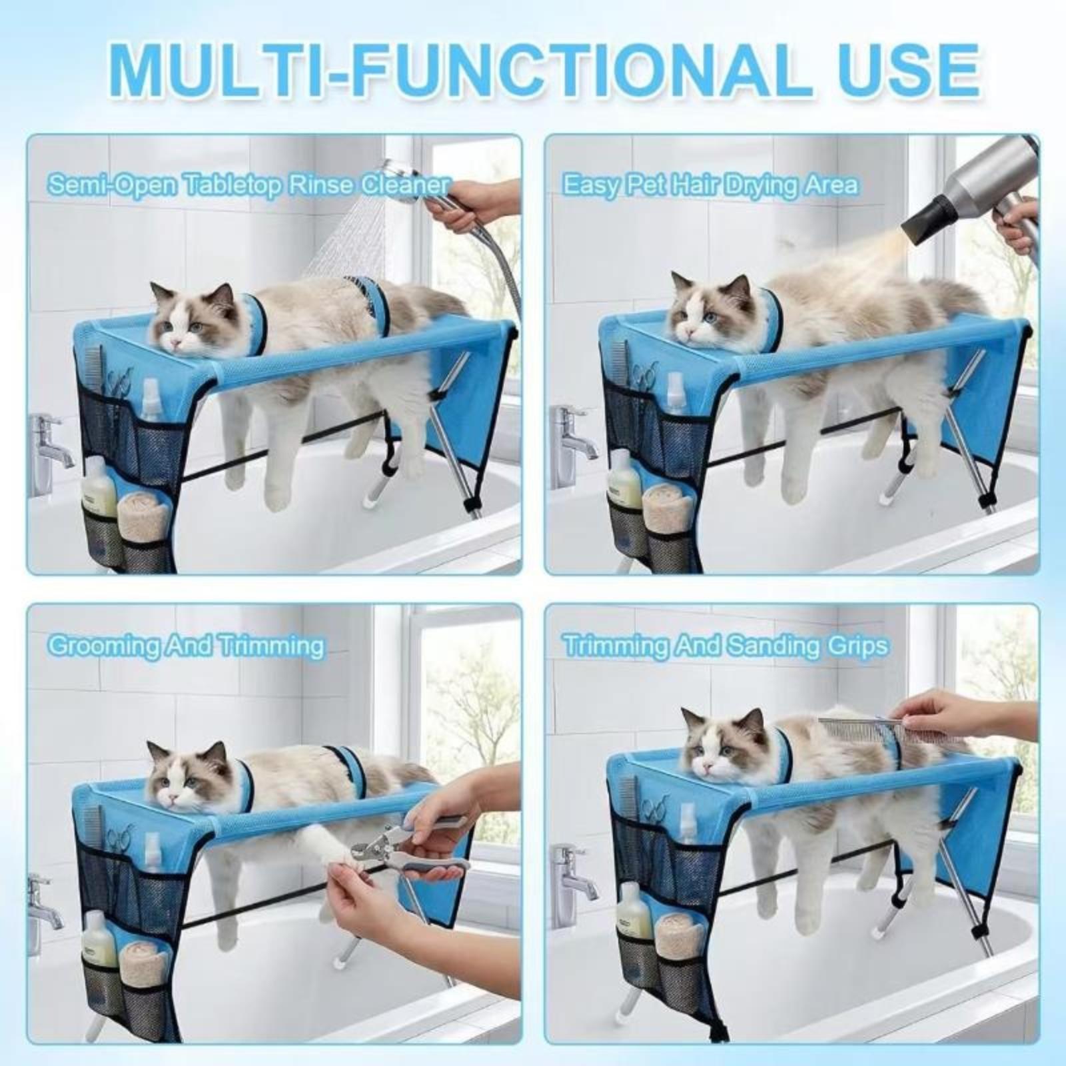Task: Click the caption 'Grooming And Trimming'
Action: [187, 646]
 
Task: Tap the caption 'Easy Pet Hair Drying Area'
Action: [710, 185]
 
